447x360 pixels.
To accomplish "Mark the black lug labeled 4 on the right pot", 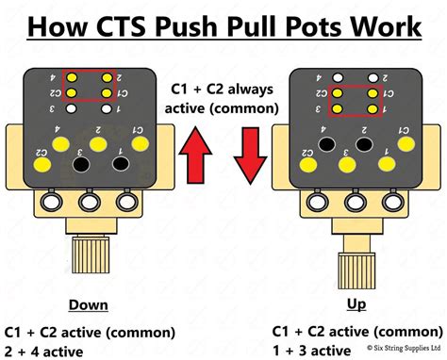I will pyautogui.click(x=326, y=142).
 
